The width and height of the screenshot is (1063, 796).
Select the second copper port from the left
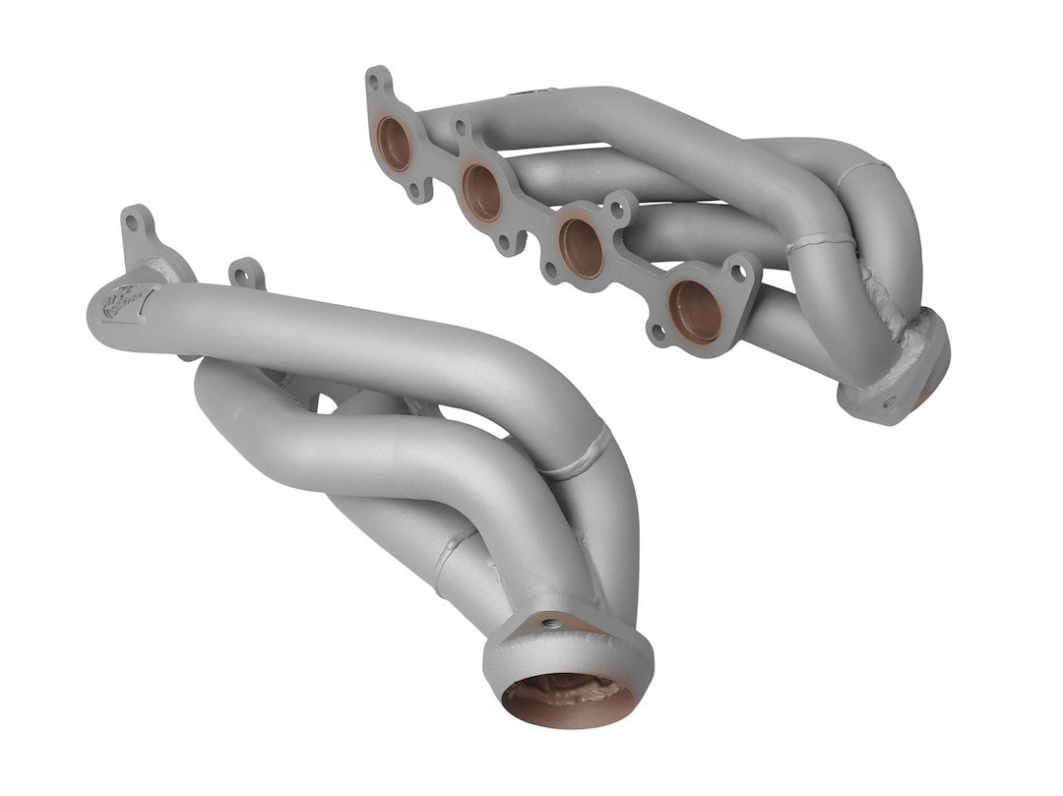(482, 192)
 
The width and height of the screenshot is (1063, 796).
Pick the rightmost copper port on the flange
(696, 312)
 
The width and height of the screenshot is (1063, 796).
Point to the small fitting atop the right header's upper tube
(522, 95)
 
